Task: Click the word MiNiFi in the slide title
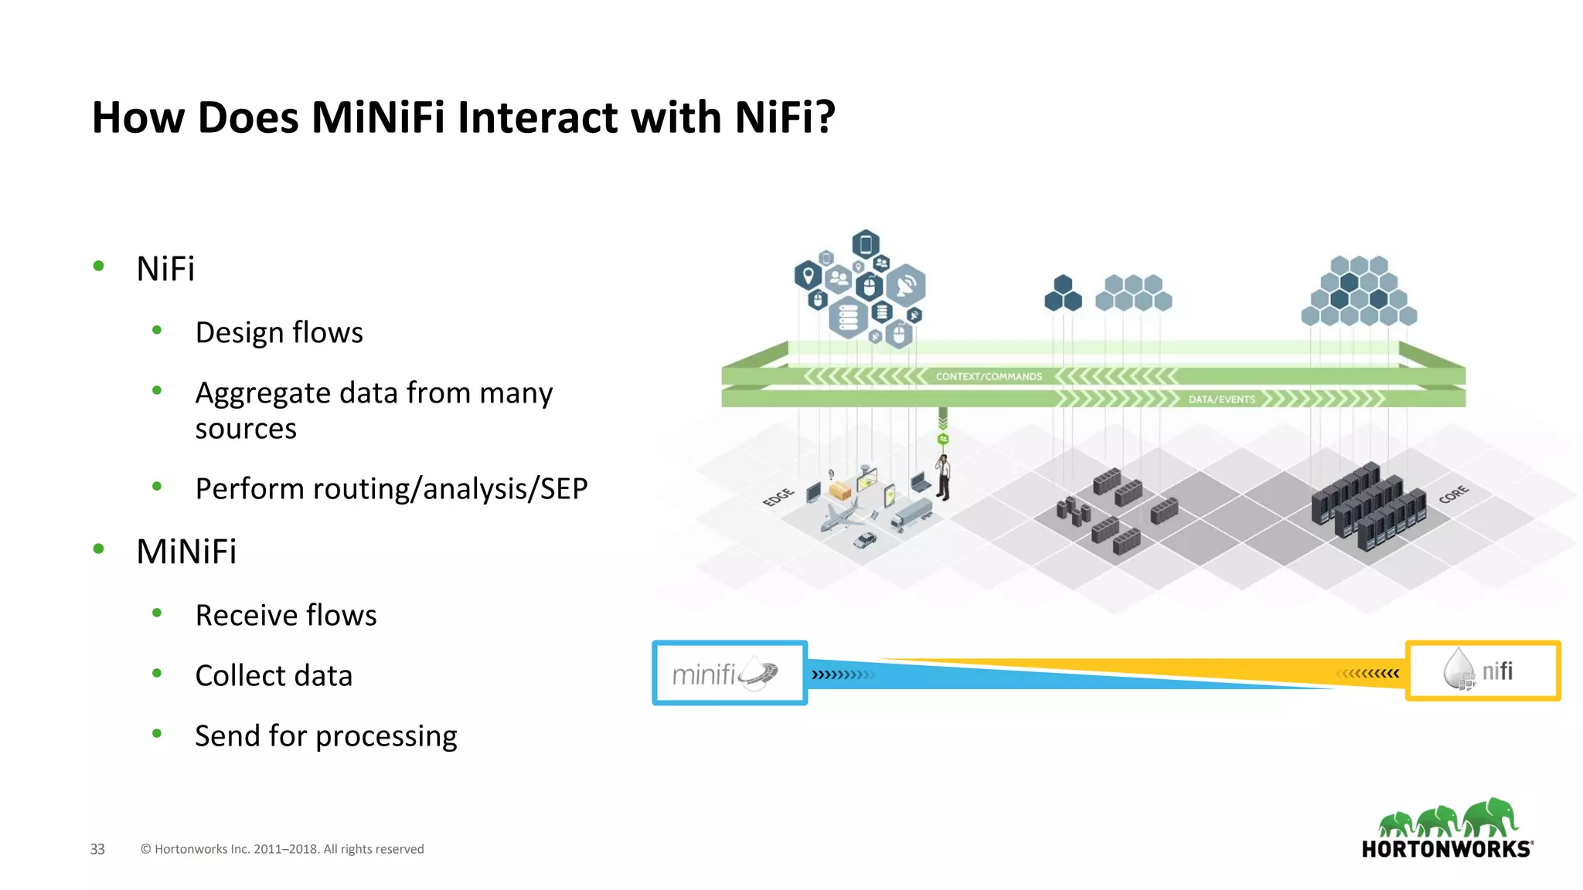tap(377, 117)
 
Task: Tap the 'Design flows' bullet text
tap(278, 332)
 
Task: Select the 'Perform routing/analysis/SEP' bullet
tap(390, 488)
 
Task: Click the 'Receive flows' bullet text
tap(285, 615)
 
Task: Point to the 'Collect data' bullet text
tap(273, 675)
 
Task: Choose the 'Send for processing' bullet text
tap(325, 735)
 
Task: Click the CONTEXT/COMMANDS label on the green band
tap(989, 377)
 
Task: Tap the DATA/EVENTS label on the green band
tap(1221, 399)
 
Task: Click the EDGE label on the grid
tap(778, 497)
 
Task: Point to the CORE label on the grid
tap(1453, 494)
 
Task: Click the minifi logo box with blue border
tap(729, 673)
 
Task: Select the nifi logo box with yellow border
tap(1482, 671)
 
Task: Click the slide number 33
tap(97, 849)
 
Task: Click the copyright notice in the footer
tap(282, 849)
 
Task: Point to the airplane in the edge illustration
tap(841, 515)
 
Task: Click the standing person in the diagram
tap(943, 477)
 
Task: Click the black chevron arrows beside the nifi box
tap(1368, 674)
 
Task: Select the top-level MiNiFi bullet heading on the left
tap(186, 552)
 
